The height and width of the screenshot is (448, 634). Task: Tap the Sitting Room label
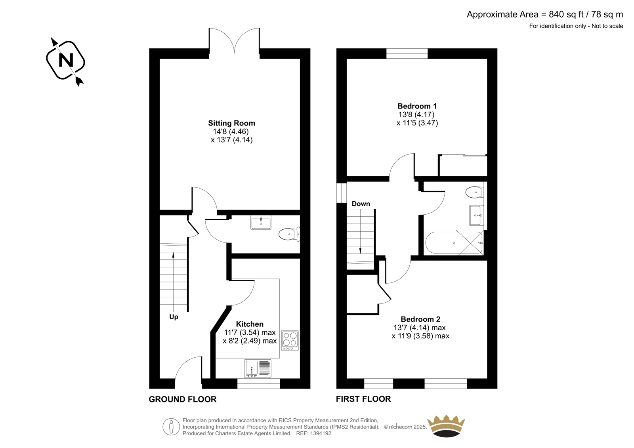pos(231,123)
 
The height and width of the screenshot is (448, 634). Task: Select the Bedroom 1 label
pos(417,106)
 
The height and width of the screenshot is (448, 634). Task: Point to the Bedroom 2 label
pos(420,319)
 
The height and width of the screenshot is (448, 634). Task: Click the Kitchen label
pos(250,324)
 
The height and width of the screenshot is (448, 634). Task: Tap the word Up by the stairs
pos(174,317)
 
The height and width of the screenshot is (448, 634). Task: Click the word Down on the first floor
pos(361,204)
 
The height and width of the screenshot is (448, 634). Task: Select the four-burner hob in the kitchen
pos(290,341)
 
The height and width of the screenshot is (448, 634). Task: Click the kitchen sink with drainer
pos(258,368)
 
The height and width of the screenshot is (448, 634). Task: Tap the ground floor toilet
pos(289,234)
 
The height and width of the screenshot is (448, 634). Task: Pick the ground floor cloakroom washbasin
pos(261,223)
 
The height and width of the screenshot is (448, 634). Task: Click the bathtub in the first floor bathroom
pos(454,242)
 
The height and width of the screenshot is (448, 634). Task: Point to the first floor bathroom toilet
pos(475,193)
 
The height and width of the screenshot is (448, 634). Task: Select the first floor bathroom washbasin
pos(476,215)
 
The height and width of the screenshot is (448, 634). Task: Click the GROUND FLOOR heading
pos(183,399)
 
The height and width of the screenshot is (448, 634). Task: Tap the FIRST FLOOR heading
pos(363,399)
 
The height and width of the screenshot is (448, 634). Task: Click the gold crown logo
pos(446,426)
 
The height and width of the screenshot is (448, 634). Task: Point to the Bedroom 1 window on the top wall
pos(407,53)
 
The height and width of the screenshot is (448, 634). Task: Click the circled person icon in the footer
pos(171,427)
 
